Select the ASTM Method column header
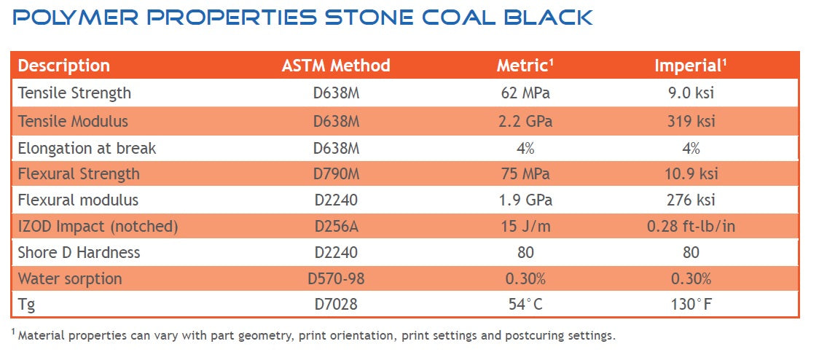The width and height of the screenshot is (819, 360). click(x=336, y=66)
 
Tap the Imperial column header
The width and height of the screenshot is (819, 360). click(x=691, y=66)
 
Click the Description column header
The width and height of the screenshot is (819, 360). click(x=64, y=66)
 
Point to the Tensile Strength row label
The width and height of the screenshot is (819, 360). click(x=74, y=93)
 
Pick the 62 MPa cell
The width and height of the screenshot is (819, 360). click(x=525, y=93)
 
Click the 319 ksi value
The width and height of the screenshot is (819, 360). click(x=691, y=121)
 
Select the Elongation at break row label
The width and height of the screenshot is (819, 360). click(x=87, y=148)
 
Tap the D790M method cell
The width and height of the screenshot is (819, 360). click(x=336, y=174)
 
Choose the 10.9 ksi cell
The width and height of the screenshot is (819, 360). click(x=691, y=174)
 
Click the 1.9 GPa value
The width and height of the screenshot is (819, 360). click(x=525, y=200)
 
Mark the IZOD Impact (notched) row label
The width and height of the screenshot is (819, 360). click(x=98, y=227)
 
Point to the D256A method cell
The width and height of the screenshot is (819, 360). click(x=336, y=227)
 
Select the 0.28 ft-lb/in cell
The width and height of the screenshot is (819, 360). click(x=691, y=227)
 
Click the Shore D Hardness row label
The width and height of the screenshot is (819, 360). click(x=79, y=253)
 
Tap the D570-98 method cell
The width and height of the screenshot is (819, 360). click(x=336, y=279)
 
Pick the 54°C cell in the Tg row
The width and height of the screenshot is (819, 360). click(x=525, y=305)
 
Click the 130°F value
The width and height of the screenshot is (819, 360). click(x=691, y=305)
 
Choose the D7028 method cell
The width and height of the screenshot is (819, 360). click(x=336, y=305)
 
